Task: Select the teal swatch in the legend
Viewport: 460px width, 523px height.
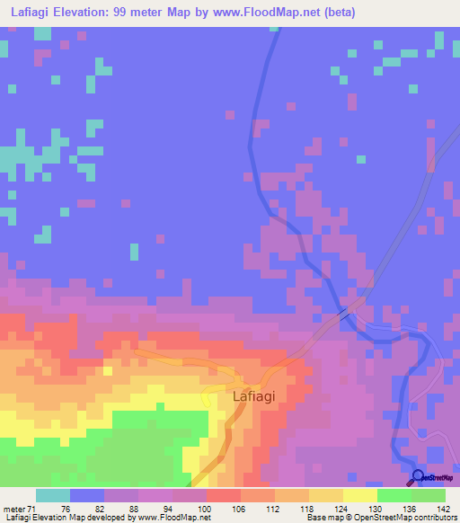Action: pyautogui.click(x=53, y=495)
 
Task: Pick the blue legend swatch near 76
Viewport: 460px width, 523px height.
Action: pyautogui.click(x=87, y=495)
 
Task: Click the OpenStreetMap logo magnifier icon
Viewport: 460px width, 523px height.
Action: pyautogui.click(x=416, y=476)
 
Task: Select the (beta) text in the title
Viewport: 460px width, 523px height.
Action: pyautogui.click(x=341, y=13)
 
